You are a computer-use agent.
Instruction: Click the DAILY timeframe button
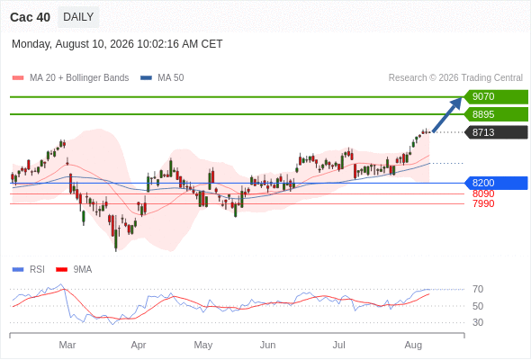[x=78, y=17]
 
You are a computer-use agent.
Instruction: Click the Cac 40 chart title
[x=30, y=17]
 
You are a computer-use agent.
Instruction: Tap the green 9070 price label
[x=496, y=97]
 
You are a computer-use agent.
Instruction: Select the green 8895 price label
[x=496, y=114]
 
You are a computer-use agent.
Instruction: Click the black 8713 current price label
[x=496, y=132]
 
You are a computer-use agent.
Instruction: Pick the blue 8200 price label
[x=496, y=183]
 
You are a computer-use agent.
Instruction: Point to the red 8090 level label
[x=483, y=193]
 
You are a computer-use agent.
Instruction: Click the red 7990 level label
[x=483, y=203]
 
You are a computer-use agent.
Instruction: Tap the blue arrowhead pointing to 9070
[x=456, y=103]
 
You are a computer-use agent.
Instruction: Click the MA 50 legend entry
[x=162, y=78]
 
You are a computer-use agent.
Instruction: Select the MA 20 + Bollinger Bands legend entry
[x=70, y=78]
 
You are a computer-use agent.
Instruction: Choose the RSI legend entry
[x=29, y=270]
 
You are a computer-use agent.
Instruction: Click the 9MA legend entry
[x=74, y=270]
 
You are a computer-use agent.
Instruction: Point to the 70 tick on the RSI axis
[x=478, y=289]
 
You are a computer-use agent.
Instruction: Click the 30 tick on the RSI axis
[x=478, y=322]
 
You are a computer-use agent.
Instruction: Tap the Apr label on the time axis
[x=139, y=345]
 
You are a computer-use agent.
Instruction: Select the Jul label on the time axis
[x=338, y=345]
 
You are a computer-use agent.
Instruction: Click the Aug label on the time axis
[x=413, y=345]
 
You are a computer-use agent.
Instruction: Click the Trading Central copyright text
[x=455, y=78]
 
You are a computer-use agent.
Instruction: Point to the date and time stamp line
[x=117, y=44]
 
